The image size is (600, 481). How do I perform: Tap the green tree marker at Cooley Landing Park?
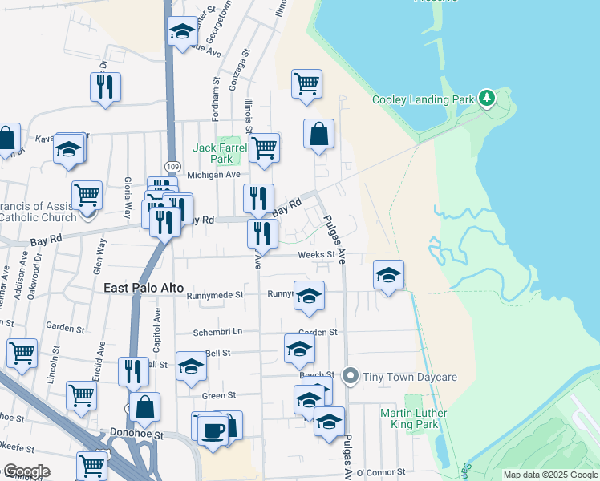coord(485,99)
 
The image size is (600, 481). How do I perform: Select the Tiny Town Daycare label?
coord(410,377)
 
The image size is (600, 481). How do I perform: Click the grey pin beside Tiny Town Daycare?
coord(350,375)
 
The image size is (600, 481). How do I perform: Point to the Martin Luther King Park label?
coord(413,418)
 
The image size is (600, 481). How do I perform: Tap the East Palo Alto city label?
coord(144,288)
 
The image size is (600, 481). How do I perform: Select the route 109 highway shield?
coord(172,164)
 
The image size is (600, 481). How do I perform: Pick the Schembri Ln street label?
coord(217,332)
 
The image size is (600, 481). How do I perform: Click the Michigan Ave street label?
coord(213,175)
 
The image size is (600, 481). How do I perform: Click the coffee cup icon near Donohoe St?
coord(213,429)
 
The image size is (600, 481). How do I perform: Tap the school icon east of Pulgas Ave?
coord(388,277)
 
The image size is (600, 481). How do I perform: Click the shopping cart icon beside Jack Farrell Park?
coord(264,148)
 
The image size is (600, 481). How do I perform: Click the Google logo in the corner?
coord(26,471)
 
